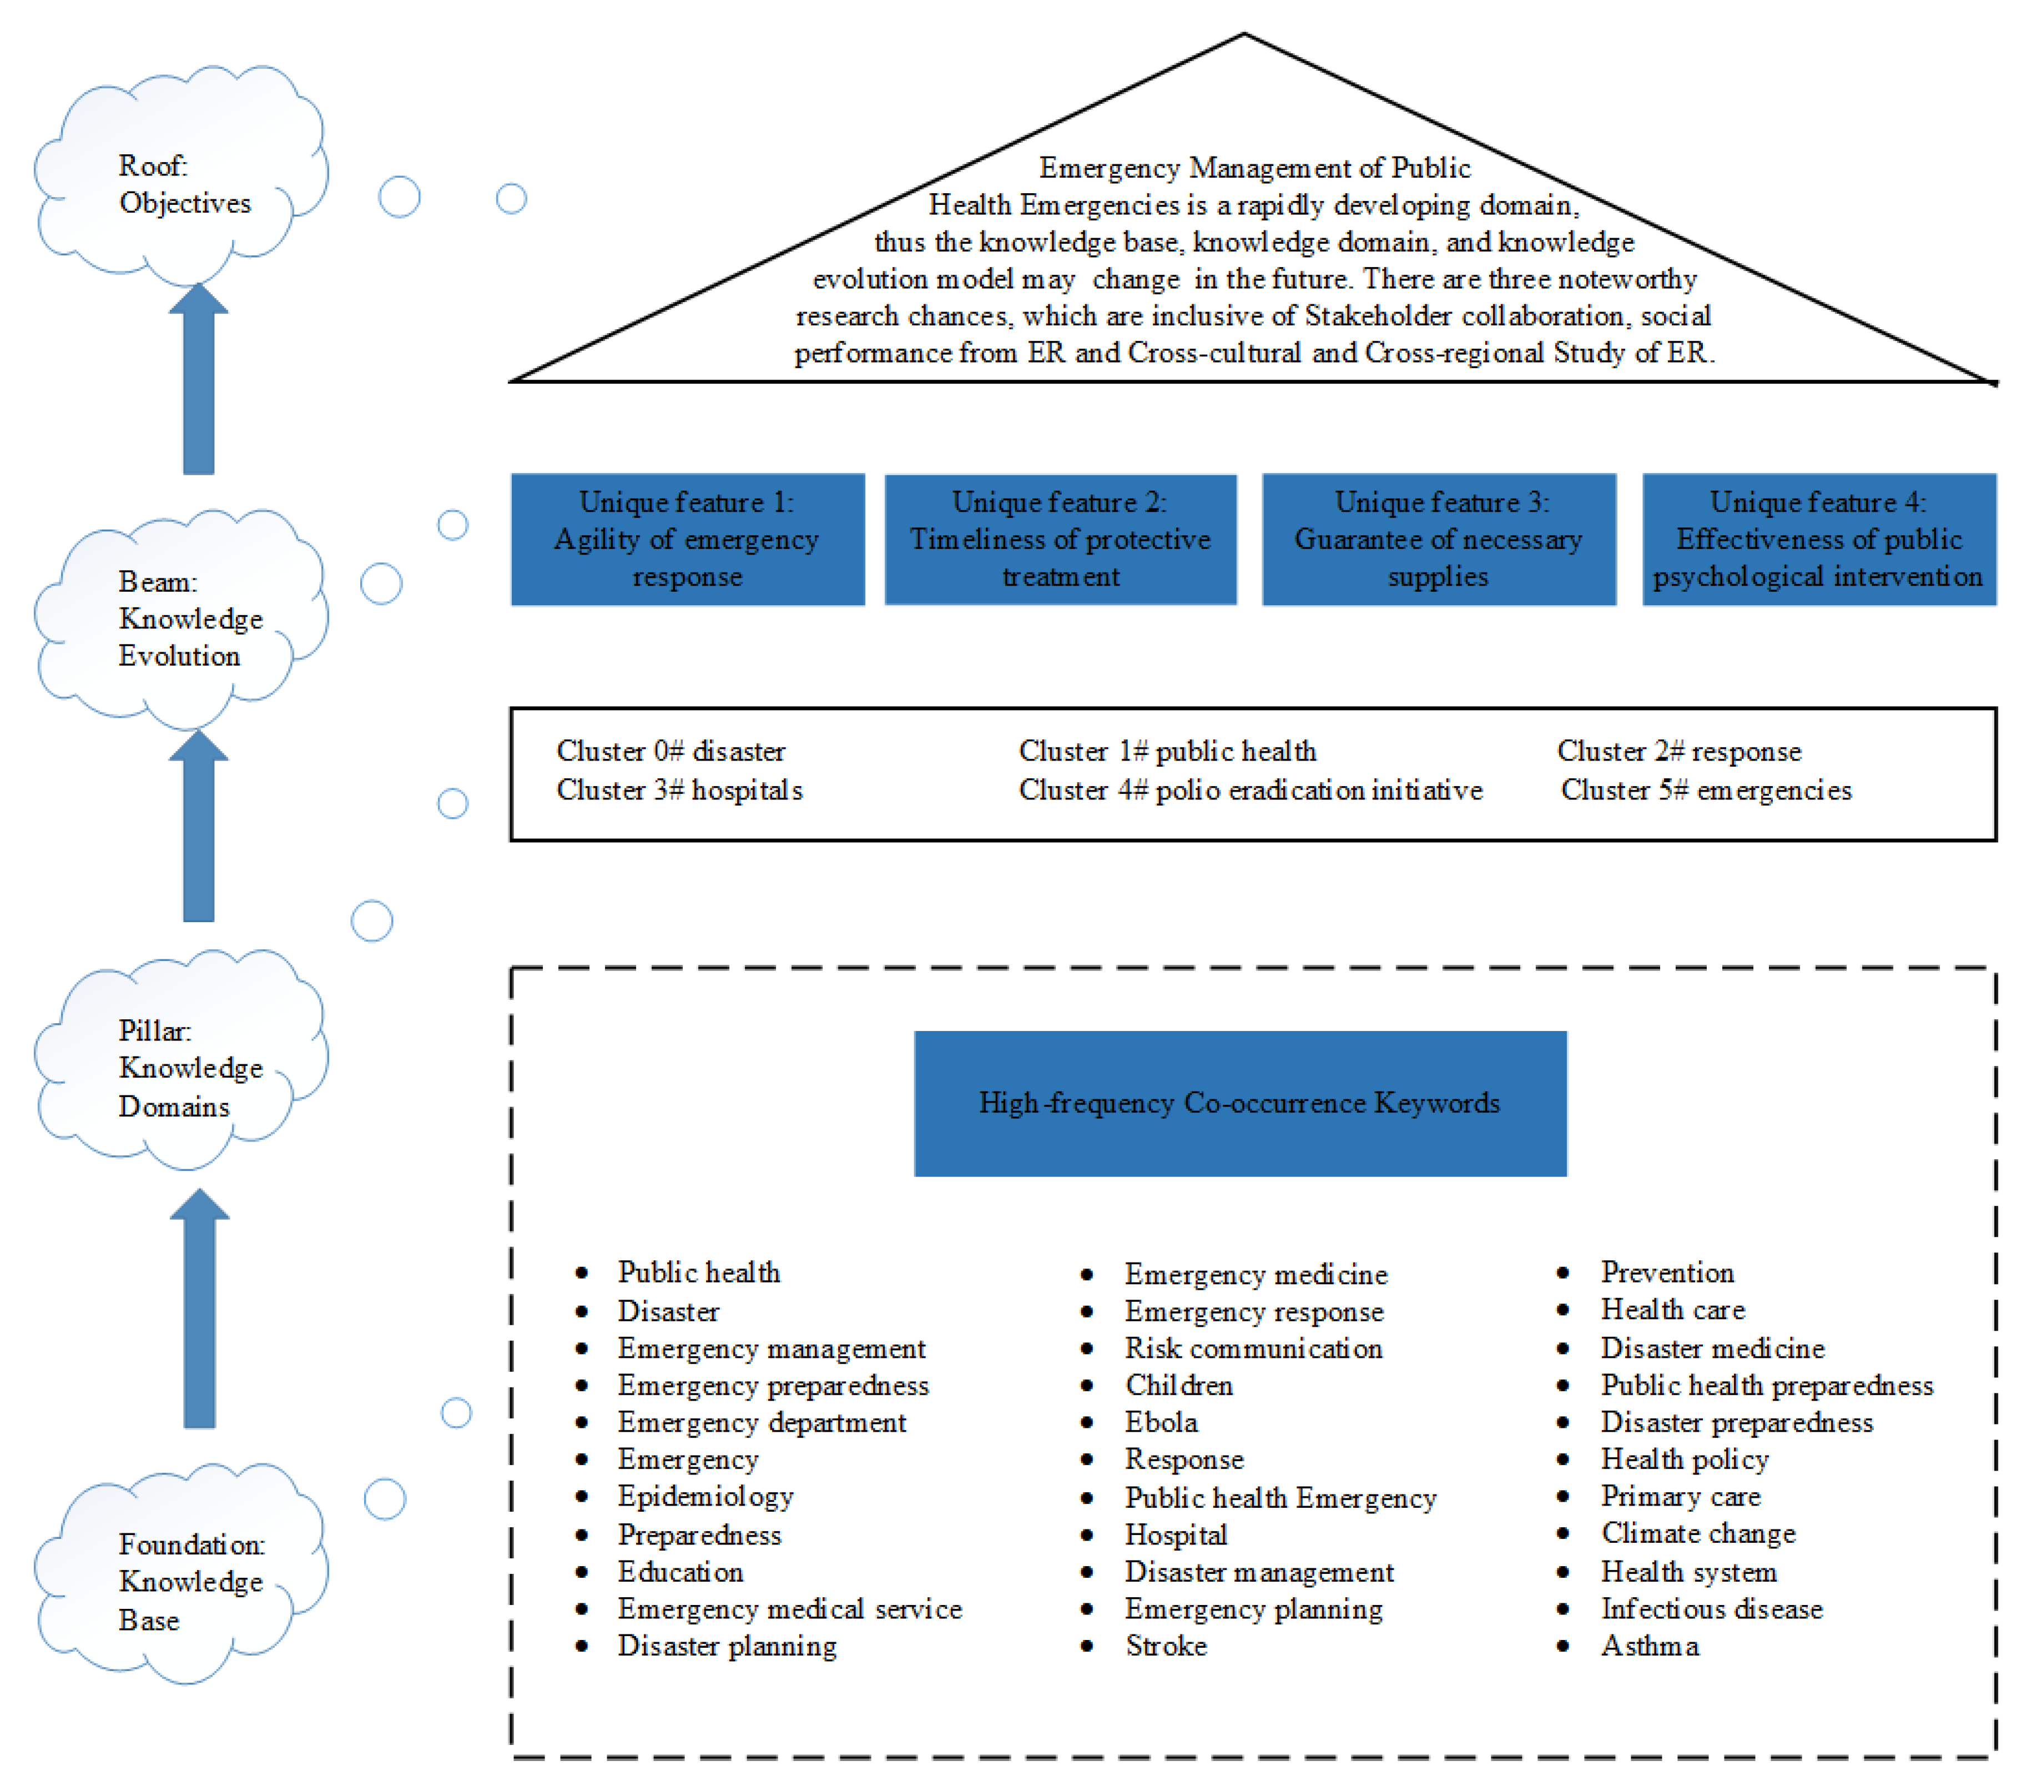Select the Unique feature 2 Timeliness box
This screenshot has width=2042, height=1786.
(1060, 539)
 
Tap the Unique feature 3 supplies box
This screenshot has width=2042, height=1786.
(1438, 539)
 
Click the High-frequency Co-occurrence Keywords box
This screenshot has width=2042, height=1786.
(1240, 1103)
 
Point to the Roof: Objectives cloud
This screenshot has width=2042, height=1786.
(179, 179)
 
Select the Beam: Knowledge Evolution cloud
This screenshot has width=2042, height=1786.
(179, 618)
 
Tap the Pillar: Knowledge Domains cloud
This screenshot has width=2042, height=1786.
(179, 1066)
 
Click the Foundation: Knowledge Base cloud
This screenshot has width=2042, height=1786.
(179, 1579)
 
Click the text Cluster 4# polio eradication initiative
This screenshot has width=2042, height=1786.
(1250, 791)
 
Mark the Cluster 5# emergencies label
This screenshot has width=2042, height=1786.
(1705, 791)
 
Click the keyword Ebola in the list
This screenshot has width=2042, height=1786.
(1161, 1422)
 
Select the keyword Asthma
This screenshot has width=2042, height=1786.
(1650, 1646)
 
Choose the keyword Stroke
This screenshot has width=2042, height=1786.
(1166, 1646)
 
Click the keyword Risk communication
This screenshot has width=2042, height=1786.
(1253, 1349)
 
